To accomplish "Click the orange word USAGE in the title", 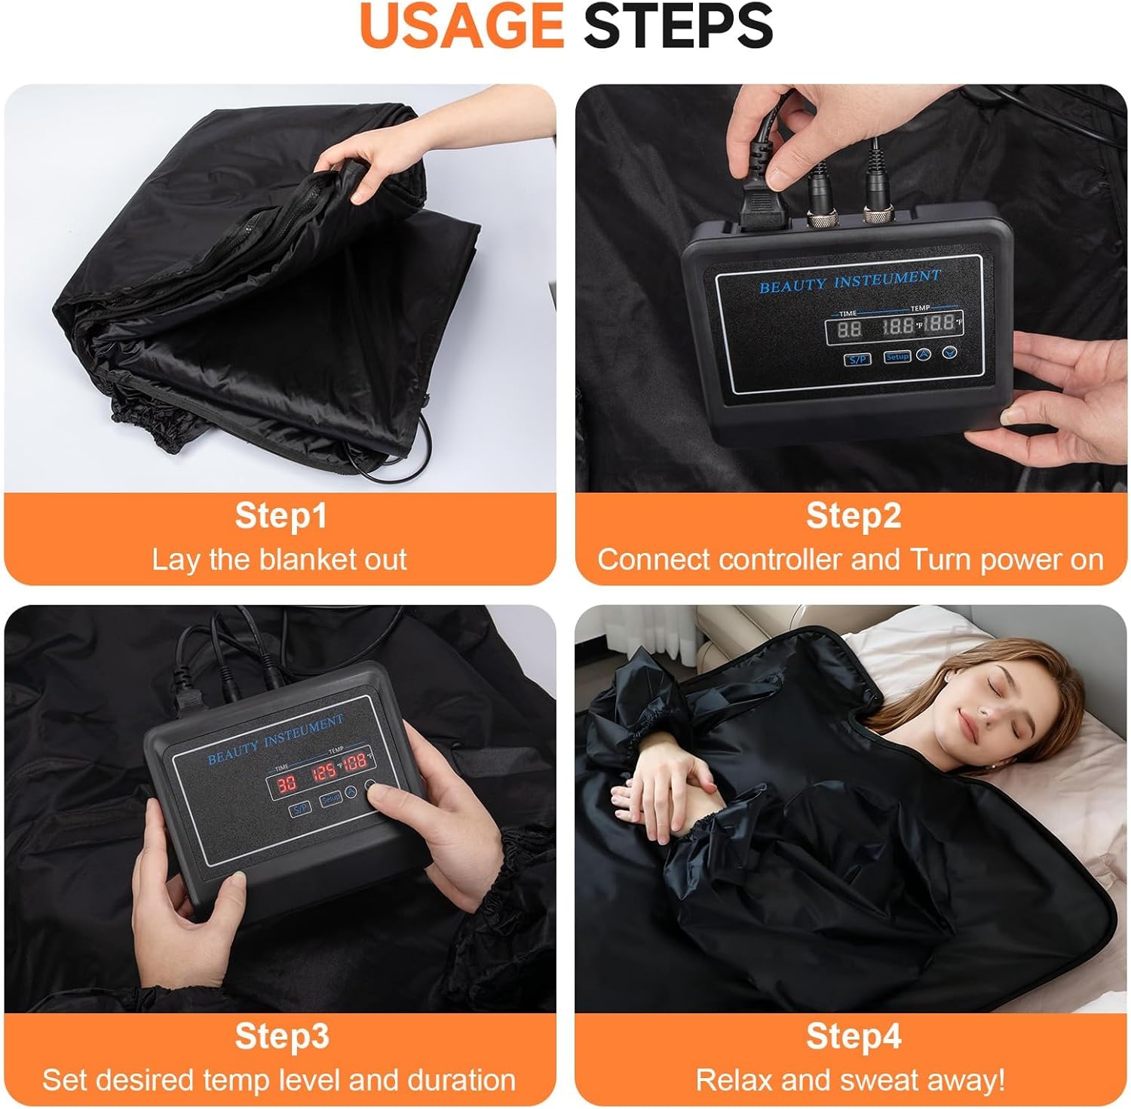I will (461, 26).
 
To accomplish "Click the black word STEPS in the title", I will (679, 26).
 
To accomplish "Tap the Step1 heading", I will (280, 516).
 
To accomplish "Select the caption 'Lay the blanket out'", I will (279, 560).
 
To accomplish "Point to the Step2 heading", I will (853, 516).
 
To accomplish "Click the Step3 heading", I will (281, 1036).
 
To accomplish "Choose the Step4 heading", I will (853, 1036).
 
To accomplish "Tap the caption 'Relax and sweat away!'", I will (850, 1080).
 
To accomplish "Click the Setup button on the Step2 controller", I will (897, 356).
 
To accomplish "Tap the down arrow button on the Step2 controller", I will (951, 352).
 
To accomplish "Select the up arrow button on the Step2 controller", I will (924, 354).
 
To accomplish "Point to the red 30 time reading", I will (286, 784).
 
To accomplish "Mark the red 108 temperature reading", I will (356, 760).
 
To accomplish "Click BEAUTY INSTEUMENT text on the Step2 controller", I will (850, 281).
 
